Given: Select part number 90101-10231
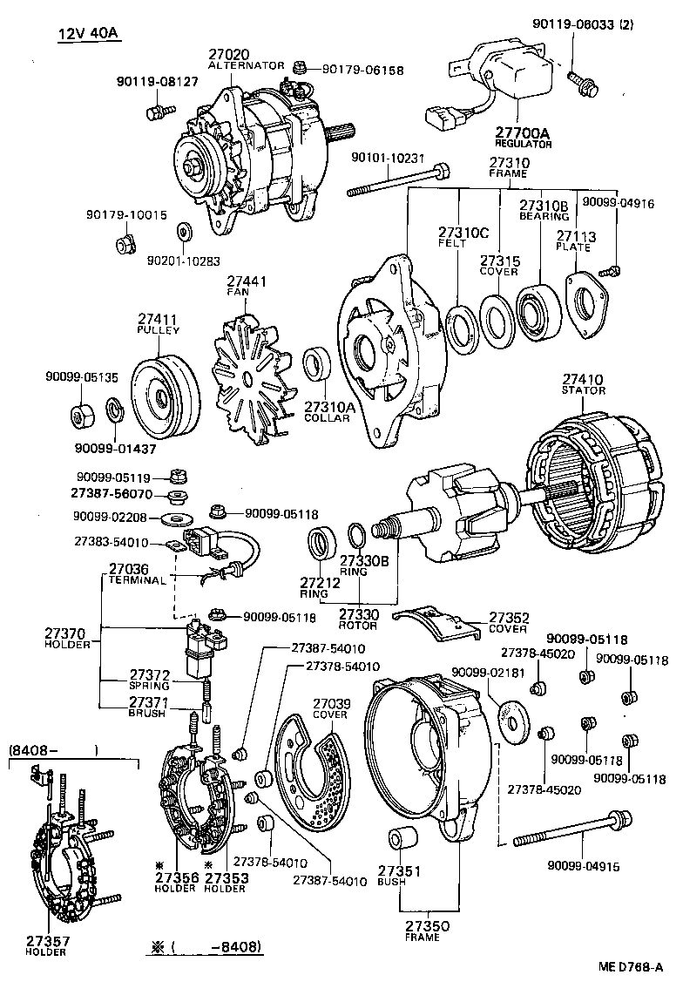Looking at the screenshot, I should (x=388, y=158).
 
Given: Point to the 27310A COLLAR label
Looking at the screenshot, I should (x=327, y=411).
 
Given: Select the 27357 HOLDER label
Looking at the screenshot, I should (x=45, y=945).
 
